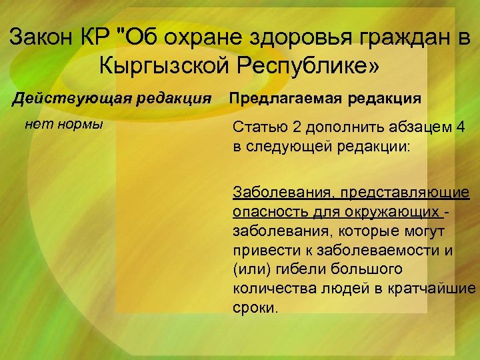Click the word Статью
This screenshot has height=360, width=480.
(259, 128)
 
